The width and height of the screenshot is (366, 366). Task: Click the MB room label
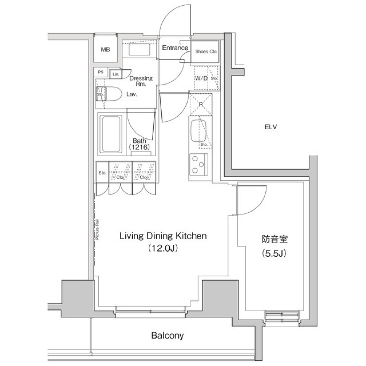click(105, 49)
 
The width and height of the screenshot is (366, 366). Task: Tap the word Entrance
click(175, 48)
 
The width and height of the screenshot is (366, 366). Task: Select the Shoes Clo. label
click(206, 51)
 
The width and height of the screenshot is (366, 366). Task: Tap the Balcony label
click(167, 336)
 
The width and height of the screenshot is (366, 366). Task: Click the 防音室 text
click(274, 240)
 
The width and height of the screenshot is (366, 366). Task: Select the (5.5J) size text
click(274, 253)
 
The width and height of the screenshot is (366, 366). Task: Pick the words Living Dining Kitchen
click(163, 236)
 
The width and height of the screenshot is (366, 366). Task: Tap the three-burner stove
click(198, 164)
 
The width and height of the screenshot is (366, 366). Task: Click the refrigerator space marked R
click(201, 103)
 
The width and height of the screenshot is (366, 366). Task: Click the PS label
click(101, 72)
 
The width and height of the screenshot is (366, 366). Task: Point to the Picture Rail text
click(98, 229)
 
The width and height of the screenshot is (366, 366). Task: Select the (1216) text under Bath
click(138, 147)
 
